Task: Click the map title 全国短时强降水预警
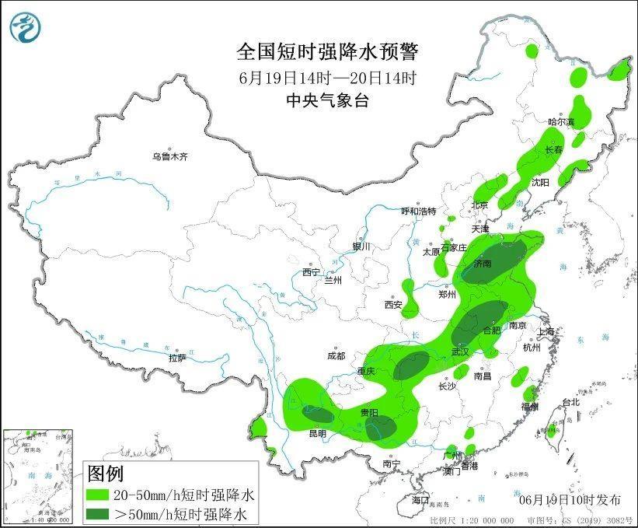tap(327, 52)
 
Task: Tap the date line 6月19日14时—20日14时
tap(327, 78)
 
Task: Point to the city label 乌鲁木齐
tap(170, 156)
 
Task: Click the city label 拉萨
tap(178, 357)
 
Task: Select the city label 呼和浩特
tap(419, 211)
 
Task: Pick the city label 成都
tap(336, 356)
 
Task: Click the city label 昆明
tap(317, 432)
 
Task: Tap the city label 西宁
tap(312, 272)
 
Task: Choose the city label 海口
tap(420, 498)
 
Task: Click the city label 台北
tap(570, 402)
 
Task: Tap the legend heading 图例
tap(105, 473)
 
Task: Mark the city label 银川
tap(362, 246)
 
